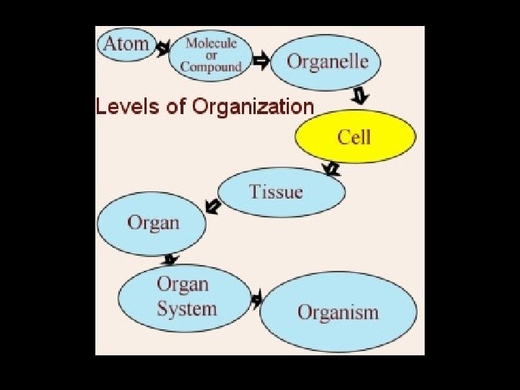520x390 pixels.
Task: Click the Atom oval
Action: click(127, 44)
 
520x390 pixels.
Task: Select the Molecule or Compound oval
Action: click(211, 55)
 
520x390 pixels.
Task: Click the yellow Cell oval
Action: click(355, 137)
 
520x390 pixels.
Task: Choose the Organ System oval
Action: click(186, 298)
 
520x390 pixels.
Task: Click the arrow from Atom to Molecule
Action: click(163, 49)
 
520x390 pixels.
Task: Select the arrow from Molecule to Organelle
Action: click(261, 60)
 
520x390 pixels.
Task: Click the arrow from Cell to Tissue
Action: click(331, 170)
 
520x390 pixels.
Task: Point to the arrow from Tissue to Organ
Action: click(213, 207)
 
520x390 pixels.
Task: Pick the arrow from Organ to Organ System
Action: click(171, 259)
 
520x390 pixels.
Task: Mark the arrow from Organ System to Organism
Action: click(256, 300)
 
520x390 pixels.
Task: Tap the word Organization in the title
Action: click(253, 107)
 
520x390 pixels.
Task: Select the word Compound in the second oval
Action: click(211, 66)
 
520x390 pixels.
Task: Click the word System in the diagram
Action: click(186, 309)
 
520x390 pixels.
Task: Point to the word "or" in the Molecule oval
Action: click(211, 55)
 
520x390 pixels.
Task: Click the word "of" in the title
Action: click(175, 107)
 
